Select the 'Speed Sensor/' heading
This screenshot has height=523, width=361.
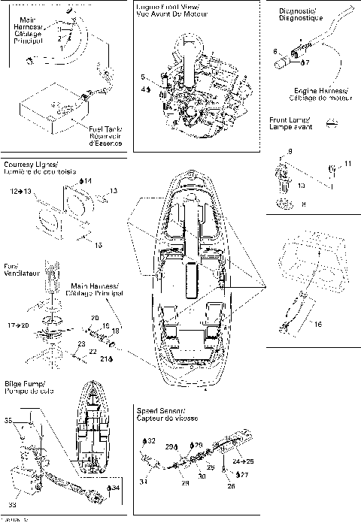(x=159, y=411)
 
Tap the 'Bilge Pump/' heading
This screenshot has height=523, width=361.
(x=25, y=382)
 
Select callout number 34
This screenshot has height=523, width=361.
(x=117, y=488)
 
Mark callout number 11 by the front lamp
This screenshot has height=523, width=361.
(x=347, y=163)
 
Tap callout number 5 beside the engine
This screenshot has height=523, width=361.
(x=143, y=77)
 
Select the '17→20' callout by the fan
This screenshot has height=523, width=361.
(x=18, y=325)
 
